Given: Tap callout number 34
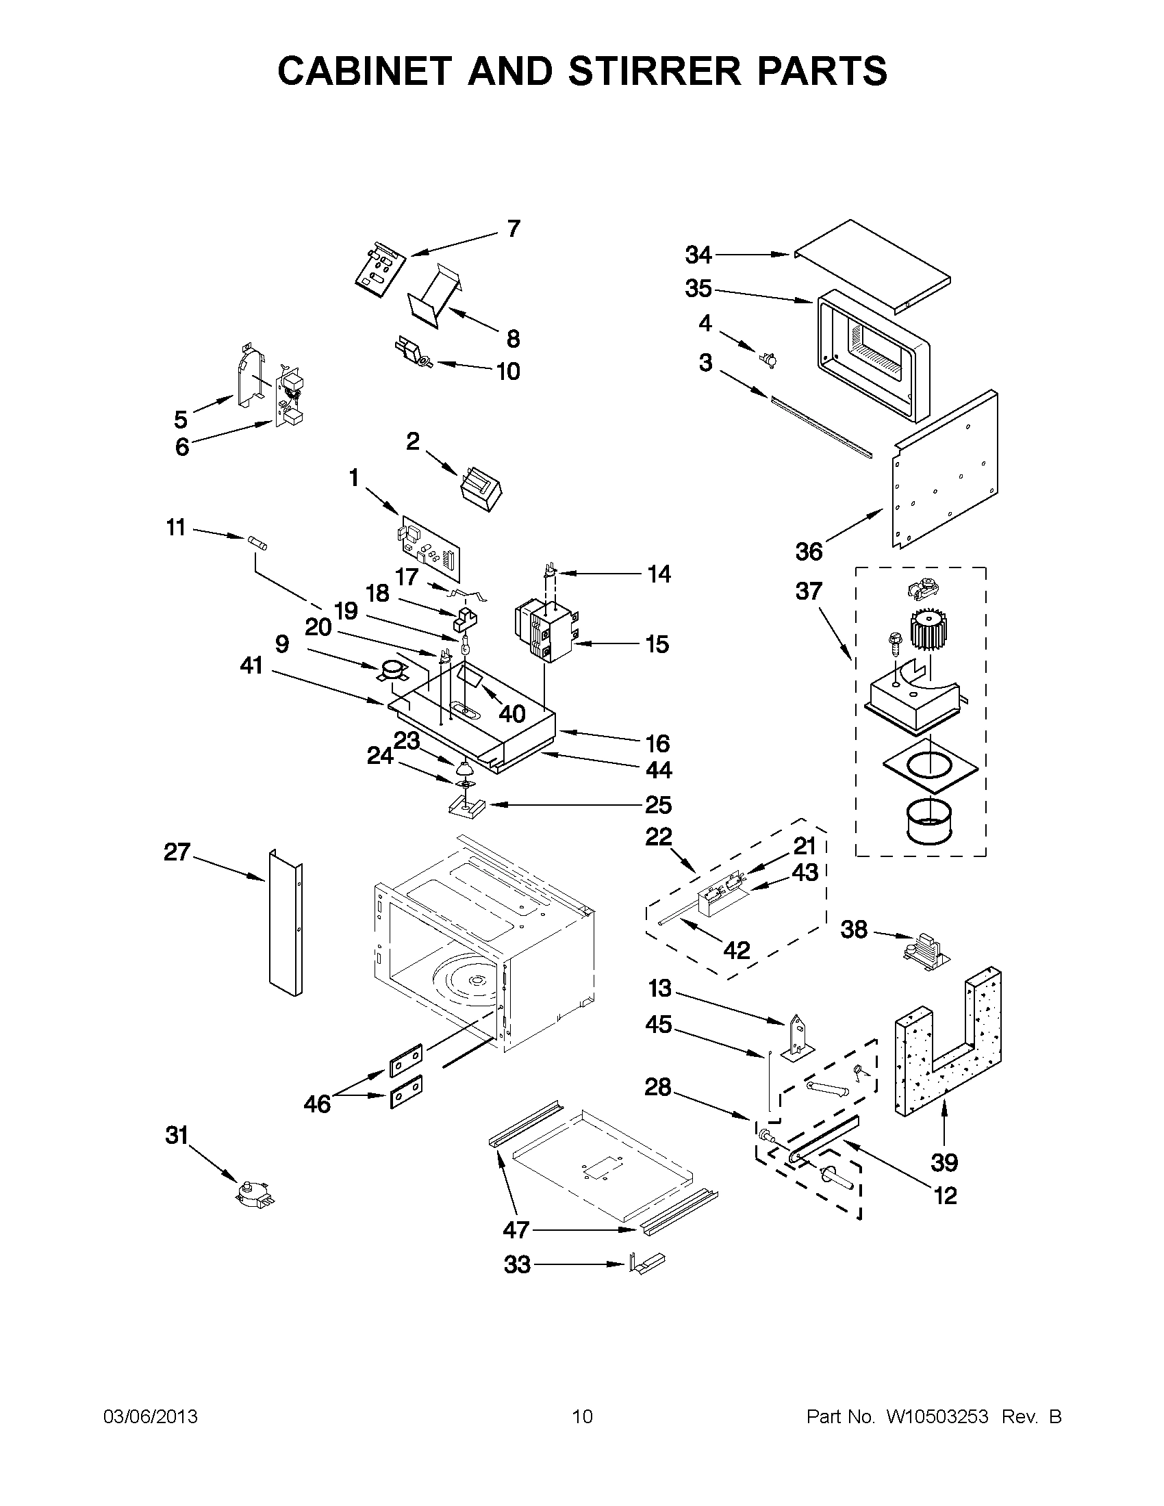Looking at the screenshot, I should click(698, 255).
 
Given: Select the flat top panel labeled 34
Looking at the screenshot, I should click(872, 266).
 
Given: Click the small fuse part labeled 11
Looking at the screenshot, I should click(257, 542).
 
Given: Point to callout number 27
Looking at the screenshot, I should click(177, 852).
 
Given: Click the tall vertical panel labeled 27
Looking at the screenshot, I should click(285, 923).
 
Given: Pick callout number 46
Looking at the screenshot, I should click(317, 1104).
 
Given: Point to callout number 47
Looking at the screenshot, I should click(516, 1229).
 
